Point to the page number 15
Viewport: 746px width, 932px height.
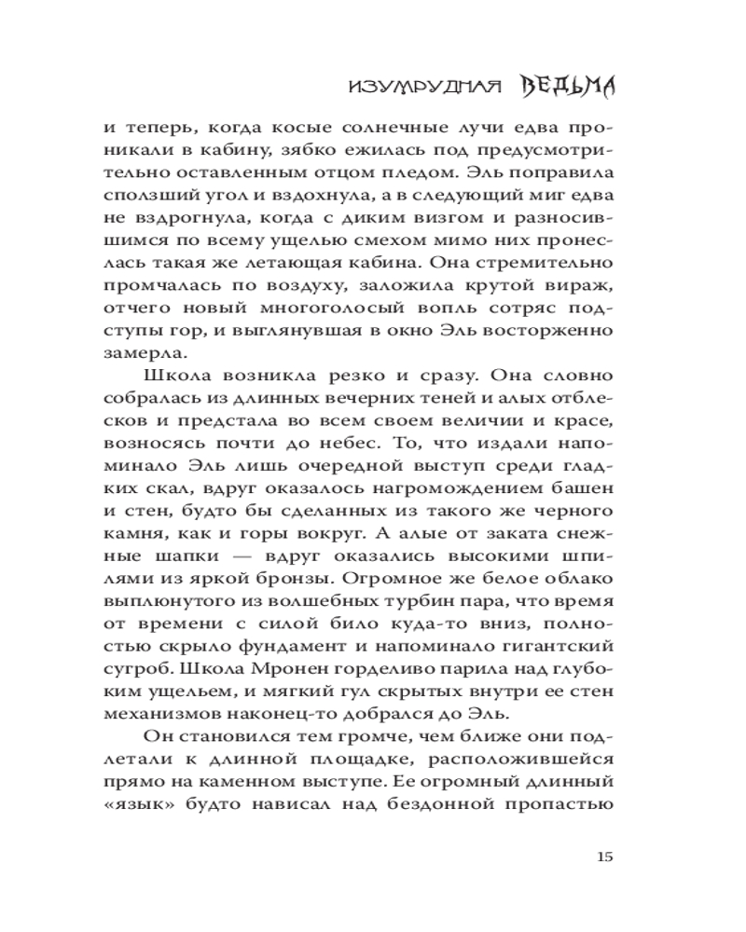pyautogui.click(x=602, y=857)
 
